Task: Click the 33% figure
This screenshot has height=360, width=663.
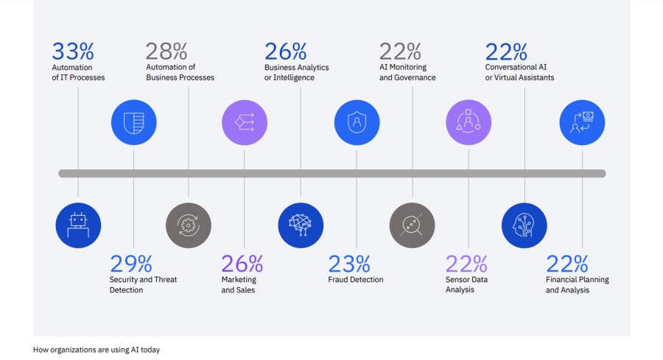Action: point(73,52)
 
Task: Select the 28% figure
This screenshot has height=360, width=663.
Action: point(166,52)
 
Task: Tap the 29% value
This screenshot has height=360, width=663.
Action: point(130,264)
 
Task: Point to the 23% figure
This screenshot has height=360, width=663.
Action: point(348,264)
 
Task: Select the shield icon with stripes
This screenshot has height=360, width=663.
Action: point(133,122)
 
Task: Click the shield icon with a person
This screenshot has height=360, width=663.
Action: point(357,122)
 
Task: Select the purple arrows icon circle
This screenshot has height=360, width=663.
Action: point(245,122)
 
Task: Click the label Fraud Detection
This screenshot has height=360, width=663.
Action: point(356,280)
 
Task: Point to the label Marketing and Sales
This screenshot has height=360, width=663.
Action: point(239,285)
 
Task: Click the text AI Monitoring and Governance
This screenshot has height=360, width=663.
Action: point(407,73)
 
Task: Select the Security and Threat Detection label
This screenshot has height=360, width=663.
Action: point(143,285)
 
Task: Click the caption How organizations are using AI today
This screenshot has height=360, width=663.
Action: point(97,350)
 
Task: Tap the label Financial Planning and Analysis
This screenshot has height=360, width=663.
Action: point(577,285)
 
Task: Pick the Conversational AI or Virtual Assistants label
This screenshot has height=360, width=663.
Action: point(519,73)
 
